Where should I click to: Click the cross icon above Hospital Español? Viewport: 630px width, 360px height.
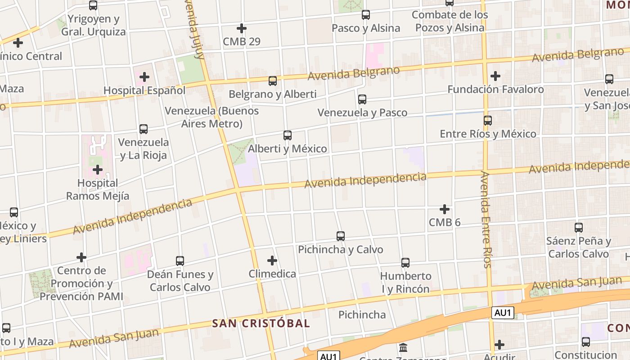tap(144, 77)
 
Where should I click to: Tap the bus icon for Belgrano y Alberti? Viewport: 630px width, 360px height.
tap(272, 81)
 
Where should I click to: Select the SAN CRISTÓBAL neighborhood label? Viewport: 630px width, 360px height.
tap(261, 323)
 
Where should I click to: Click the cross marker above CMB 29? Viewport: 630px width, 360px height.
tap(242, 28)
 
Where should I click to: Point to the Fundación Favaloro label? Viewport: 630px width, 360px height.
tap(495, 89)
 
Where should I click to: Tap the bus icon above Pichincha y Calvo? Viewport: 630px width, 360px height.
tap(341, 236)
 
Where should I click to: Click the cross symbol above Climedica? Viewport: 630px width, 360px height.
tap(272, 261)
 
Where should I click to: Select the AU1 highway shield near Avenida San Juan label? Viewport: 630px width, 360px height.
tap(503, 313)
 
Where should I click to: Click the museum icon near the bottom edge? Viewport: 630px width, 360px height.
tap(403, 348)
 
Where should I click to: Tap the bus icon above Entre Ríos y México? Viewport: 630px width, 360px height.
tap(488, 120)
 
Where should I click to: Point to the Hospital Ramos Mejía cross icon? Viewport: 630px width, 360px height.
tap(98, 170)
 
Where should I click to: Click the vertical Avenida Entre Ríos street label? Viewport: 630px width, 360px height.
tap(486, 219)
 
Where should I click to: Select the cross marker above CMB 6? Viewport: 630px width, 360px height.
tap(445, 209)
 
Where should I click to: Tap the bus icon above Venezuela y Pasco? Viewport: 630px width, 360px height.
tap(362, 99)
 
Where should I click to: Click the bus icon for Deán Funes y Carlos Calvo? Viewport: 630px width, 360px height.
tap(180, 261)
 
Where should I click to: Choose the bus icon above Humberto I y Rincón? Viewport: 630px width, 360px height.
tap(405, 262)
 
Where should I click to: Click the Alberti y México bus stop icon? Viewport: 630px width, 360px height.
tap(288, 135)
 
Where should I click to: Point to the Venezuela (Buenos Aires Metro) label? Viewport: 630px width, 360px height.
tap(211, 117)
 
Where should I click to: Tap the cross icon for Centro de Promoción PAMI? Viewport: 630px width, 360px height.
tap(81, 257)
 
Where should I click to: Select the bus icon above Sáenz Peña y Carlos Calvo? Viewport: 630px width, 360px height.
tap(579, 227)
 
